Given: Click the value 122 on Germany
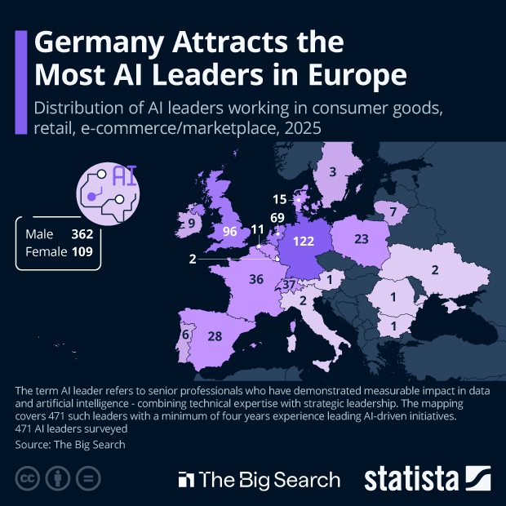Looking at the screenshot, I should tap(304, 241).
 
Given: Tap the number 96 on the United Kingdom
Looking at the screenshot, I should tap(229, 232).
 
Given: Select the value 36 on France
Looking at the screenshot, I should tap(256, 279).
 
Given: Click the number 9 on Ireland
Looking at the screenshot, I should tap(192, 223).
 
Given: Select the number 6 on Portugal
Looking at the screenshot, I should tap(186, 335).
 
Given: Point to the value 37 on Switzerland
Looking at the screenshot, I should tap(289, 285).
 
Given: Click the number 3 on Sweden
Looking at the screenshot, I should tap(332, 172).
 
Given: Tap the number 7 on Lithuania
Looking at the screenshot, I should tap(393, 212).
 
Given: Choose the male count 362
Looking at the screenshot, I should tap(82, 234).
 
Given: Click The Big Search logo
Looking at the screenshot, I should tap(260, 478).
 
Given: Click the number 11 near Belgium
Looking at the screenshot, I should tap(258, 230).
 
